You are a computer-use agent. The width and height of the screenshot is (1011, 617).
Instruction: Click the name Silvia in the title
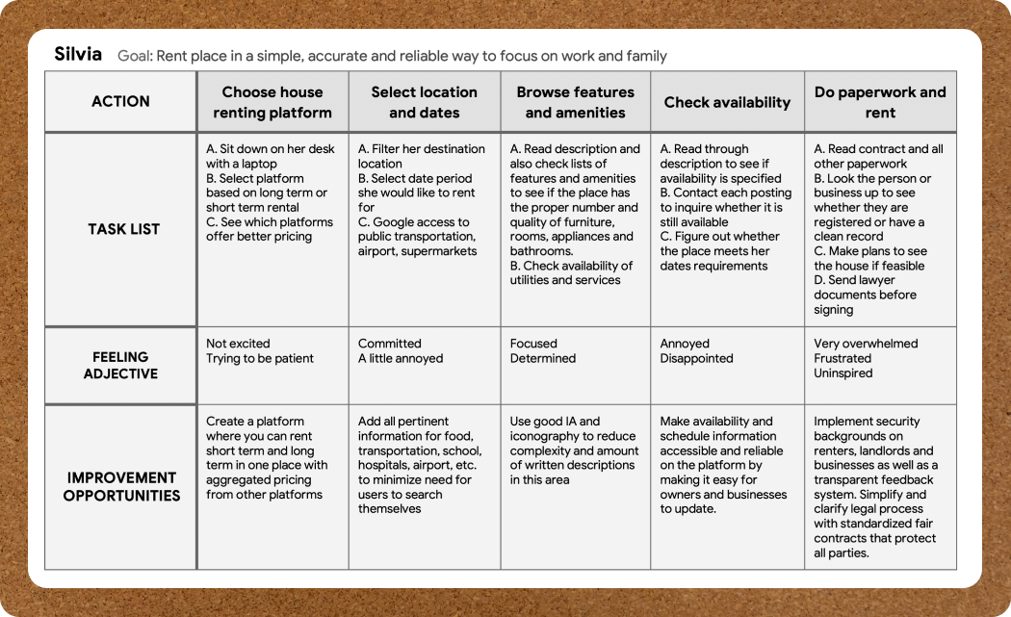[x=78, y=54]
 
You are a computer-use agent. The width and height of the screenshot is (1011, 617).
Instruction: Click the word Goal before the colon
[x=134, y=56]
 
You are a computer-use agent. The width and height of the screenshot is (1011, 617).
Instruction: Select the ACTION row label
[x=120, y=101]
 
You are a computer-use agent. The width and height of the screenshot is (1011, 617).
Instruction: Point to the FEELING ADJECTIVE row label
[x=120, y=365]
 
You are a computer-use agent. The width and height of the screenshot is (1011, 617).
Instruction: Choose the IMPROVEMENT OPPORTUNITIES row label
[x=121, y=486]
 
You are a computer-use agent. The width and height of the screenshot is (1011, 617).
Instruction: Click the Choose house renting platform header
[x=272, y=102]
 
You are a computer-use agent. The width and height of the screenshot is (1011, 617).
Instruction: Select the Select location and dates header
[x=425, y=102]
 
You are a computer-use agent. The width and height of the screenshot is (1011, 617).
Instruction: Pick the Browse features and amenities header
[x=576, y=102]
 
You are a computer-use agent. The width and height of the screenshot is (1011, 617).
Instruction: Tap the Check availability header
[x=727, y=102]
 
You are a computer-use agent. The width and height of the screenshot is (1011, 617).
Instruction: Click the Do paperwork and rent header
[x=880, y=102]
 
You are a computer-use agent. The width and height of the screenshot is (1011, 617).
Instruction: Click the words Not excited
[x=238, y=344]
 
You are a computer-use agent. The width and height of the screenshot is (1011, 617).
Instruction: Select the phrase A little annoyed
[x=401, y=358]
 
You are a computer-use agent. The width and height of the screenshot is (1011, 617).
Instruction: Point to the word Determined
[x=543, y=358]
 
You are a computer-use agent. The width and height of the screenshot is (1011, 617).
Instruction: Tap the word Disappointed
[x=696, y=358]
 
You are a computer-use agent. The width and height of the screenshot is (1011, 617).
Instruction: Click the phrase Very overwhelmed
[x=866, y=344]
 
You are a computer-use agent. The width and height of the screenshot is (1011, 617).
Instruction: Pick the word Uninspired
[x=842, y=373]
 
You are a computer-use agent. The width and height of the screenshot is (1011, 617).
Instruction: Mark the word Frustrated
[x=842, y=358]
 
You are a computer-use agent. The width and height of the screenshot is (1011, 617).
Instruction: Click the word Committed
[x=390, y=344]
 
